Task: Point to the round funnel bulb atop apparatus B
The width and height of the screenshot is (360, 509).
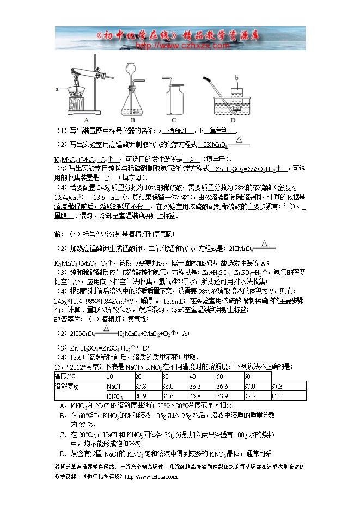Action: pos(130,68)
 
